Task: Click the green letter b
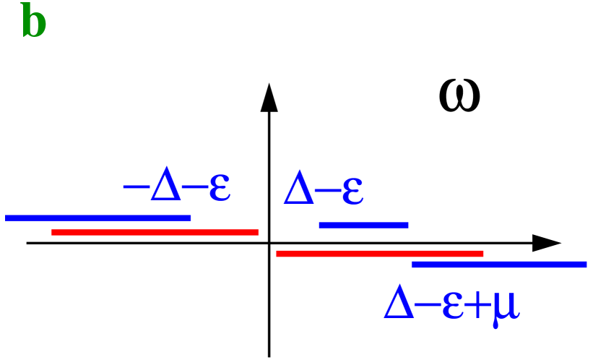(x=34, y=22)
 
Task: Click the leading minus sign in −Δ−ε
(x=136, y=187)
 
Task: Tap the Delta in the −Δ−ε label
(x=165, y=187)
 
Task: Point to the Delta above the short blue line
(x=298, y=190)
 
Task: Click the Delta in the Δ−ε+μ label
(x=399, y=302)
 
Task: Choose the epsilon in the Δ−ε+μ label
(x=452, y=306)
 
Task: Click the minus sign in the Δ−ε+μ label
(x=428, y=304)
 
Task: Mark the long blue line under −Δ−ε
(x=98, y=218)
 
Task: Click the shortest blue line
(x=363, y=225)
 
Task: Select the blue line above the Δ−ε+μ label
(x=499, y=265)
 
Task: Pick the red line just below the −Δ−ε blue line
(x=155, y=232)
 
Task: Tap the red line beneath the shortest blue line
(x=380, y=254)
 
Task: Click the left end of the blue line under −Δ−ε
(x=7, y=218)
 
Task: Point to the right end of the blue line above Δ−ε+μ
(x=585, y=265)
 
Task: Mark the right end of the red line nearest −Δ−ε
(x=257, y=232)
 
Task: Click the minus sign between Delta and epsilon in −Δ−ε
(x=194, y=187)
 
